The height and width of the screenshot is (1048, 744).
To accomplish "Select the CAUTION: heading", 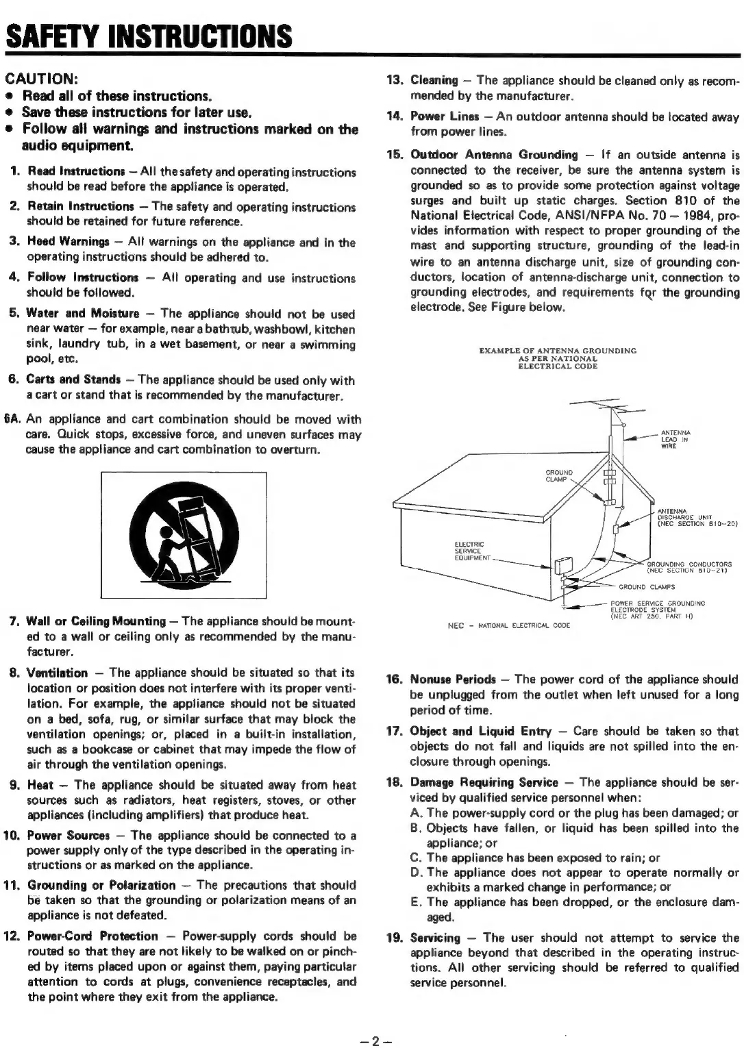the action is (x=45, y=79).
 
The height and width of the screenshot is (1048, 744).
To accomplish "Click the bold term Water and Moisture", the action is (x=82, y=314).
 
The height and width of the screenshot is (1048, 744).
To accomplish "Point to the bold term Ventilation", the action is (x=57, y=673).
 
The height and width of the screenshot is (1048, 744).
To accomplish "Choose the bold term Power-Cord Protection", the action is (x=92, y=936).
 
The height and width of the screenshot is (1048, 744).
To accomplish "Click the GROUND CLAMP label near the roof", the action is (x=558, y=475).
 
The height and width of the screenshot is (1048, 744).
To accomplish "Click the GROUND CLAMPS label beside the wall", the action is (x=647, y=586).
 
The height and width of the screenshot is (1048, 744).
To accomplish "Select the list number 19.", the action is (x=395, y=938).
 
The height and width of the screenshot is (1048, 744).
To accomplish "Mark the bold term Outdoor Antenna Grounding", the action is (x=494, y=155).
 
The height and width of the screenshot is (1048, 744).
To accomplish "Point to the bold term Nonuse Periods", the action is (x=452, y=679).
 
